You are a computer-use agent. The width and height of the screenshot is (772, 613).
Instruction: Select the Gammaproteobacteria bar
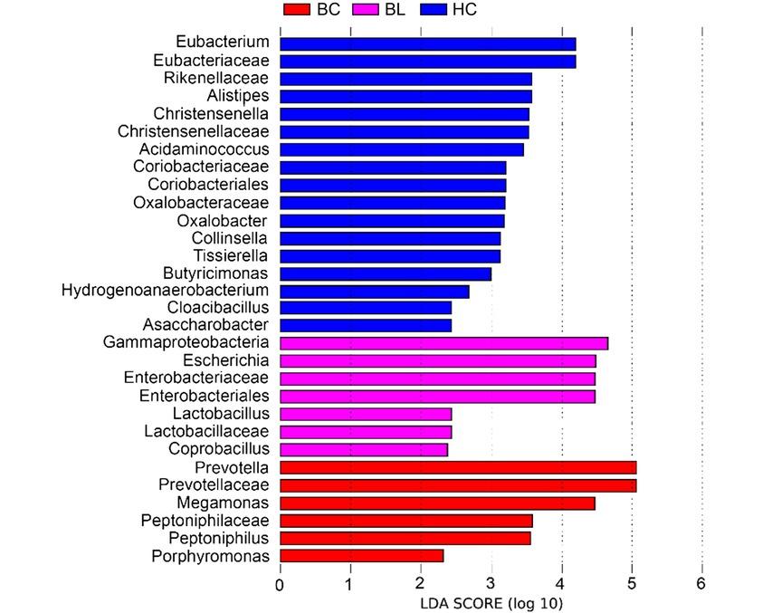tap(443, 343)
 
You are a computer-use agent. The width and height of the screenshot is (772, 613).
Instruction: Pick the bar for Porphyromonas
tap(362, 556)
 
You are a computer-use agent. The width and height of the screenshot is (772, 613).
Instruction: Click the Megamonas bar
tap(437, 503)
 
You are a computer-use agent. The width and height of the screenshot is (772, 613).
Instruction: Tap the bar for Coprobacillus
tap(364, 449)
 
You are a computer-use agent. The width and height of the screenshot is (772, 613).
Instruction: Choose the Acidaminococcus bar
tap(402, 148)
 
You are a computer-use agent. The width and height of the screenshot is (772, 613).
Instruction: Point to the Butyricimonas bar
tap(386, 273)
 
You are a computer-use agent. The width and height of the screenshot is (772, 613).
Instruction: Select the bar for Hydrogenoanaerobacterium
tap(375, 291)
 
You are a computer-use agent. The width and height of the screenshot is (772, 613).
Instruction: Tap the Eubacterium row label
tap(223, 43)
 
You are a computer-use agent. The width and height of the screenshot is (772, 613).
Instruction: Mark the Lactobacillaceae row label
tap(206, 431)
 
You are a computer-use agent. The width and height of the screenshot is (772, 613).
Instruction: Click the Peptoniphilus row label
tap(218, 538)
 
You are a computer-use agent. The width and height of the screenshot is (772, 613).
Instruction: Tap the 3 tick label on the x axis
tap(491, 584)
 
